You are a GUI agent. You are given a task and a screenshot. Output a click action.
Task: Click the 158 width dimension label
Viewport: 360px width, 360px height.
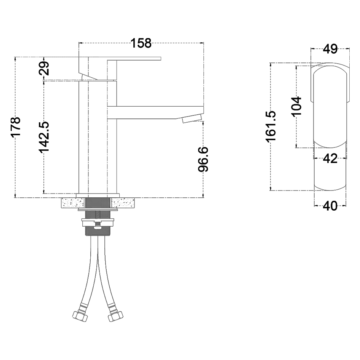pyautogui.click(x=141, y=43)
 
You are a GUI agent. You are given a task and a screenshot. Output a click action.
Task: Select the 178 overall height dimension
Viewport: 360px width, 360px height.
pyautogui.click(x=16, y=127)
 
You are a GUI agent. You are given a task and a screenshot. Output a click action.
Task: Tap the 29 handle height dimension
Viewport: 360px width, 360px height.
pyautogui.click(x=44, y=69)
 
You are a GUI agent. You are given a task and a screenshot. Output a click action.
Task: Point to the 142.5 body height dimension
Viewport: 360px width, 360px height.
pyautogui.click(x=44, y=137)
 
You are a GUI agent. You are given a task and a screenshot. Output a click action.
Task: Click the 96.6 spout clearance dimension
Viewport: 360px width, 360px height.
pyautogui.click(x=203, y=159)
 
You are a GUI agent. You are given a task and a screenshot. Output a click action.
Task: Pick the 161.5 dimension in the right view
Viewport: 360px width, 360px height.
pyautogui.click(x=271, y=126)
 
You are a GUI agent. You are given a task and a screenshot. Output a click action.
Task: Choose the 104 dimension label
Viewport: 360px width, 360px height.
pyautogui.click(x=296, y=107)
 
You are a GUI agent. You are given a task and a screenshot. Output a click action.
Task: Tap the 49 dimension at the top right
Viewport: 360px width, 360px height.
pyautogui.click(x=330, y=49)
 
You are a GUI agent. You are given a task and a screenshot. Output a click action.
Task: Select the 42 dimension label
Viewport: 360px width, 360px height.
pyautogui.click(x=330, y=158)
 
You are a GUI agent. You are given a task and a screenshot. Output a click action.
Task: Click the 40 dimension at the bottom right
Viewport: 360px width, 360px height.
pyautogui.click(x=330, y=206)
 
